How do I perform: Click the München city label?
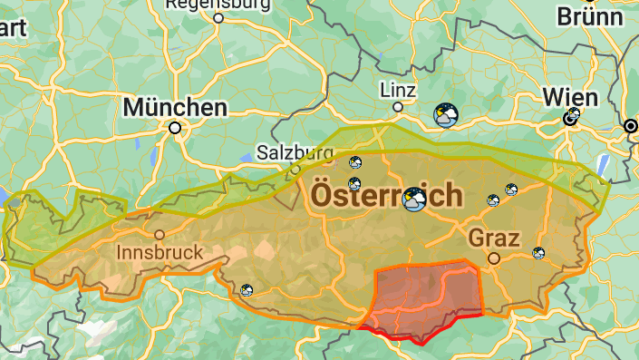point(175,107)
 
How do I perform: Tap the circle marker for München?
point(175,129)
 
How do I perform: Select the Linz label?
point(399,90)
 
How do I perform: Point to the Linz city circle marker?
point(397,107)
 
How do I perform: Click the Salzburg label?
point(295,152)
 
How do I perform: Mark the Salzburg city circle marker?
point(295,168)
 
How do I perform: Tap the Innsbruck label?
point(160,251)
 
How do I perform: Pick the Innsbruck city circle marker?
point(160,234)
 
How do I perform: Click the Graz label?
point(494,238)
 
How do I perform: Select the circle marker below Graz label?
point(494,258)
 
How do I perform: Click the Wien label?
point(570,97)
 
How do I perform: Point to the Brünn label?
point(590,15)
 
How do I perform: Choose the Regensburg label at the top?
point(218,4)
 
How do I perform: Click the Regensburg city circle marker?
point(218,17)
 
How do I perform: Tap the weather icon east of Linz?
point(445,114)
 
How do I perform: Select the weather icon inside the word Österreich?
point(415,199)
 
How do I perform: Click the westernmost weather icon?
point(247,290)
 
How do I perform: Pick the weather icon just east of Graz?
point(538,253)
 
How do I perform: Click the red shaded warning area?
point(426,295)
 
